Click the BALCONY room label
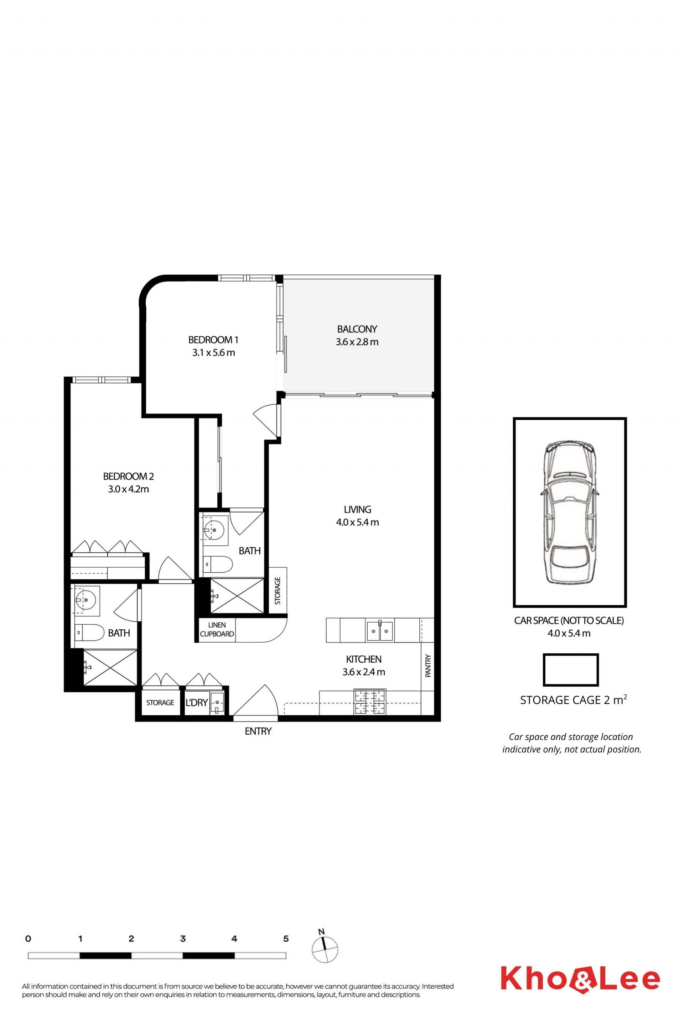(x=357, y=329)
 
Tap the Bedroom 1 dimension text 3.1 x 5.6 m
(x=214, y=353)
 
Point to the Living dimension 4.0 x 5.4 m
(x=357, y=522)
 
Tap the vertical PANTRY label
(x=428, y=666)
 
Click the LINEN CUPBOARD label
(x=217, y=630)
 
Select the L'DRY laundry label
(x=196, y=703)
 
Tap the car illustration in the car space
(x=569, y=512)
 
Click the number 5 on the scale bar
(x=286, y=939)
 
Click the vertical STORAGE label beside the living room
(x=278, y=590)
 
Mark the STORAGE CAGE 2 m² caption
(x=574, y=700)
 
